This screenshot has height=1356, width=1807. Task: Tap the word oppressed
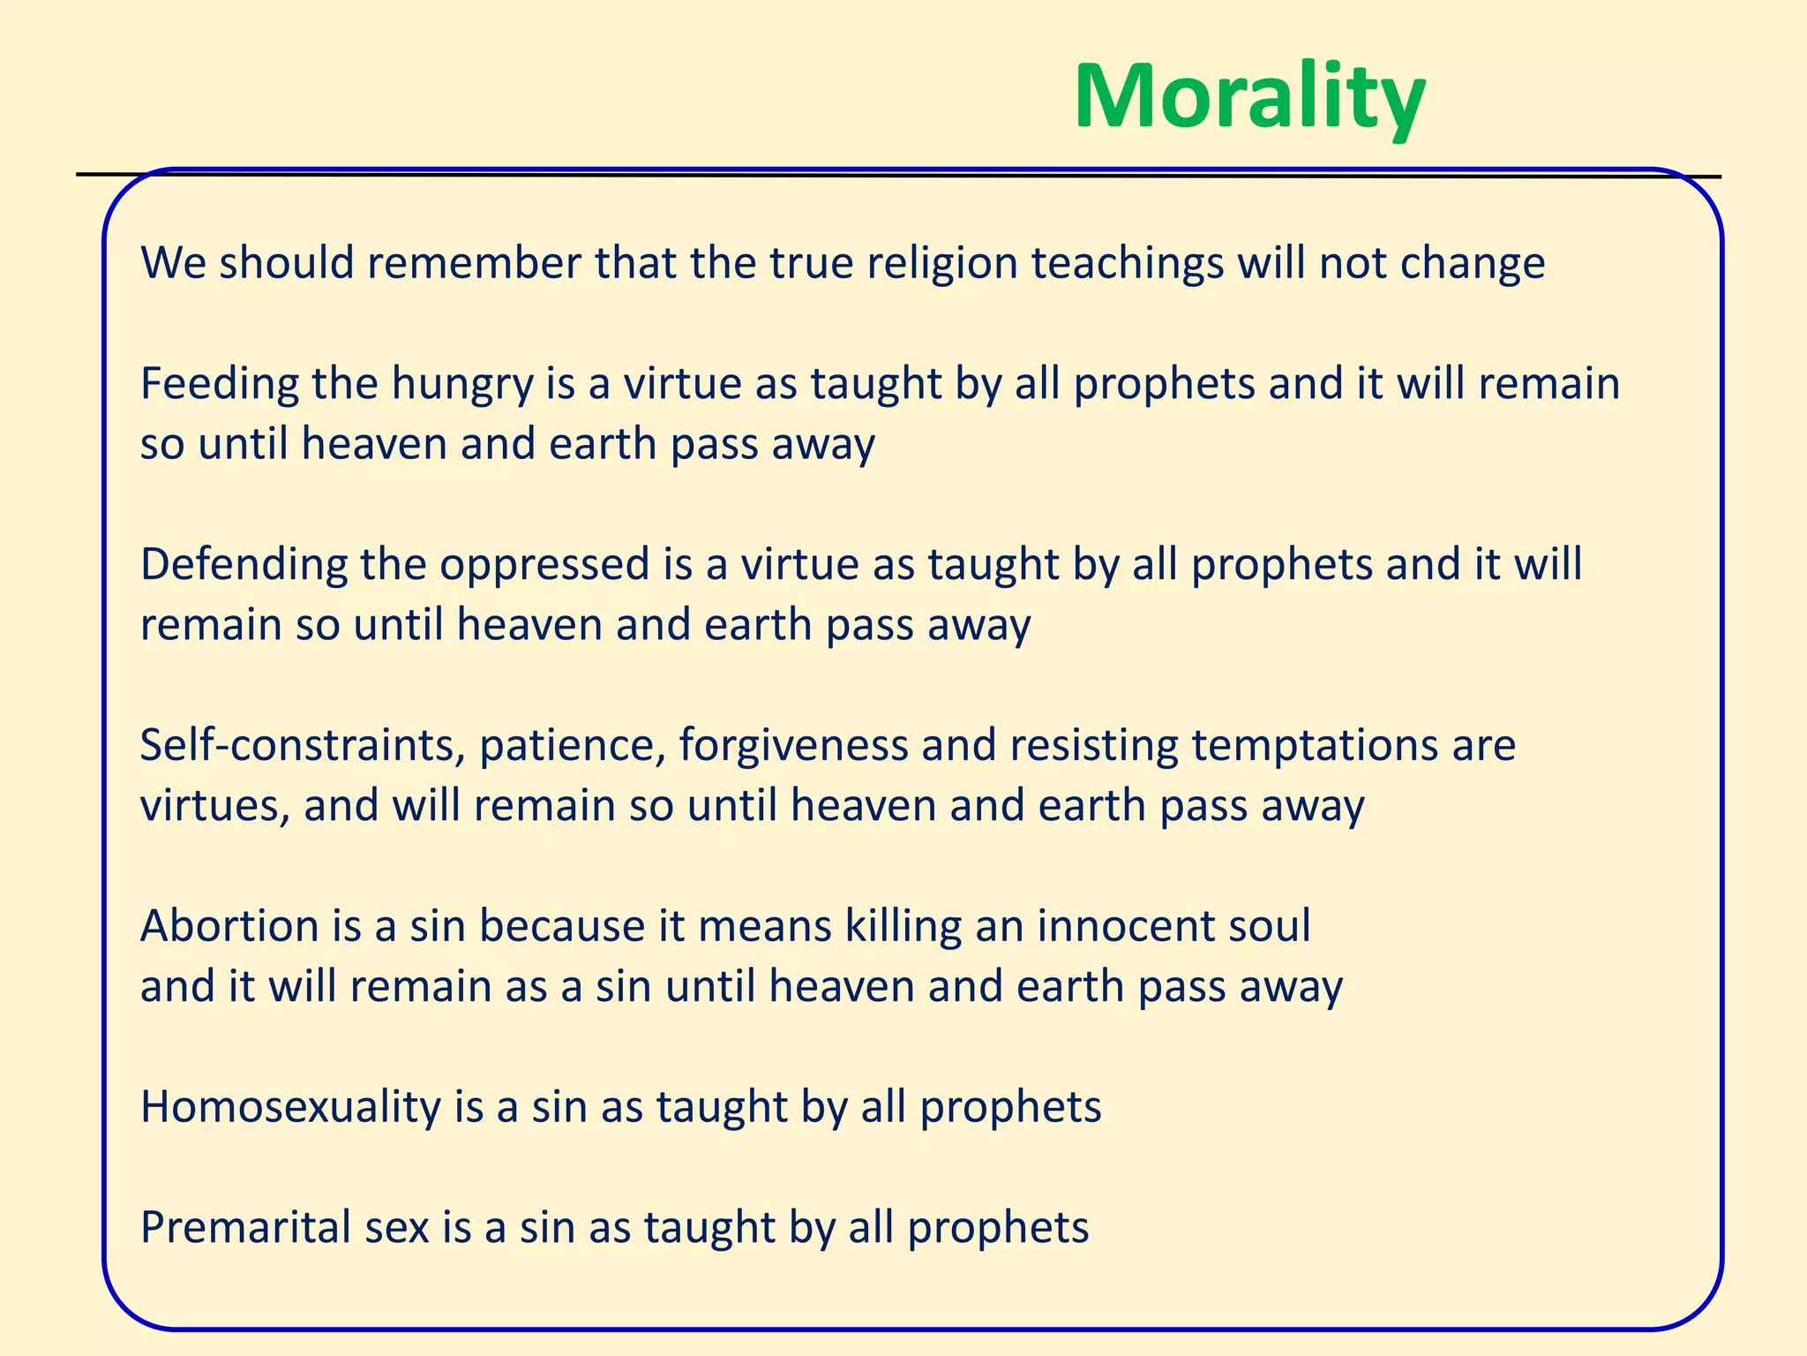[x=544, y=565]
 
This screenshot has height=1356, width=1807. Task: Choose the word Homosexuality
[x=290, y=1107]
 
